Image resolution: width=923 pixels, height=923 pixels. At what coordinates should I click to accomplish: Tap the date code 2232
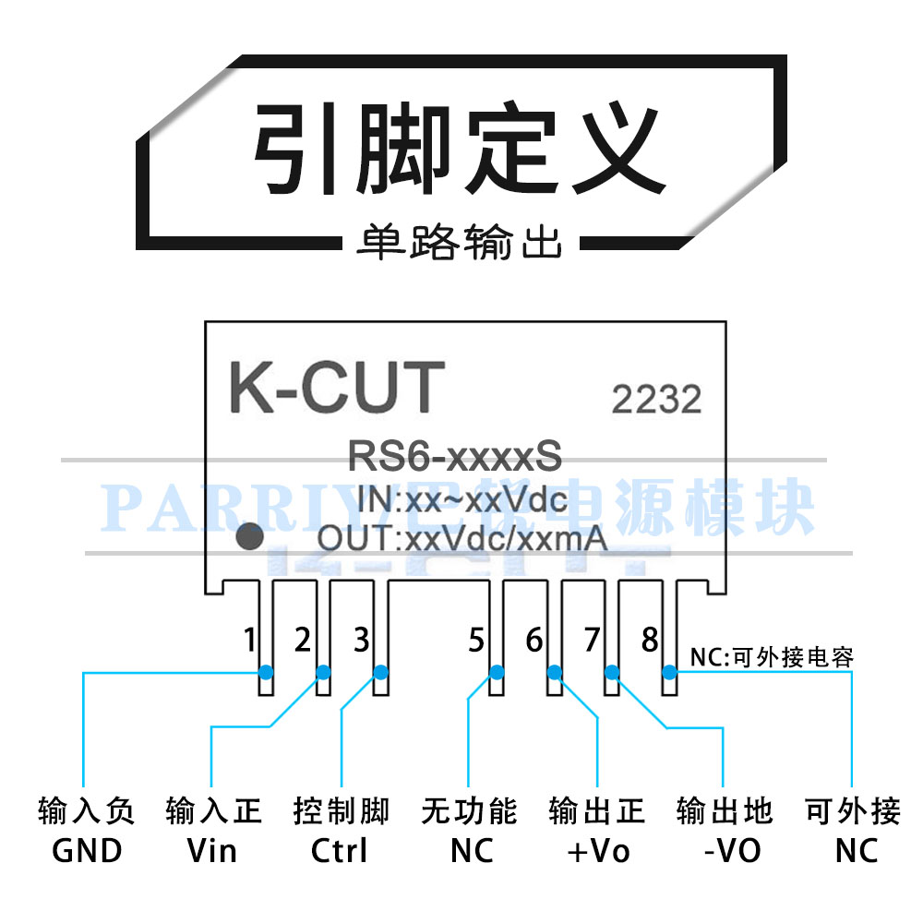(x=656, y=399)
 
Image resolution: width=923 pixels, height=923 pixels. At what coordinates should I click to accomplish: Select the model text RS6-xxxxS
(x=454, y=455)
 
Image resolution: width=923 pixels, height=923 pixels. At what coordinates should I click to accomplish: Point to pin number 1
(x=248, y=639)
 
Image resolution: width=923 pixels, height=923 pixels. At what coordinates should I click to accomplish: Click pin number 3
(x=362, y=639)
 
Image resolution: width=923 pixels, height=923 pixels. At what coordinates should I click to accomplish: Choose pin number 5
(x=476, y=639)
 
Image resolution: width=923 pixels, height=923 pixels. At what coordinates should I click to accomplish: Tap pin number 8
(x=650, y=639)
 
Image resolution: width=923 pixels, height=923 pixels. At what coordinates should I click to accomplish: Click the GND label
(x=87, y=850)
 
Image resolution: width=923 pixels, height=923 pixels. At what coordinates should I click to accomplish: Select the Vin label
(x=212, y=850)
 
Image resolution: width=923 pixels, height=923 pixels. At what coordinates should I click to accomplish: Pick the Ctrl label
(x=340, y=850)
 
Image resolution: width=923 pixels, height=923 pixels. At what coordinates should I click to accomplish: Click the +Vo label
(x=597, y=850)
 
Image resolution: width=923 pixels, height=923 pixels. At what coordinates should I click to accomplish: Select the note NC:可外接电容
(x=772, y=657)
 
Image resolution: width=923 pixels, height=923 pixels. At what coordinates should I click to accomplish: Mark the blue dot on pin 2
(x=323, y=672)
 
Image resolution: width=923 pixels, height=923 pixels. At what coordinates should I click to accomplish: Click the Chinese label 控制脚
(x=342, y=811)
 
